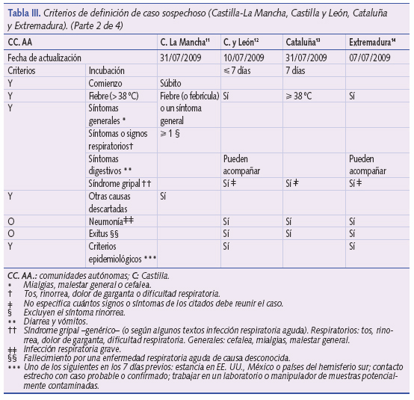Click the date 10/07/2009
(x=244, y=58)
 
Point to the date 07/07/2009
(x=370, y=58)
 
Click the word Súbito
(x=170, y=83)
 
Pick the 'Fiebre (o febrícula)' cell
(x=188, y=96)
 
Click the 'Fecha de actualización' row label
(x=46, y=58)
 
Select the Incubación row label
(x=107, y=70)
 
